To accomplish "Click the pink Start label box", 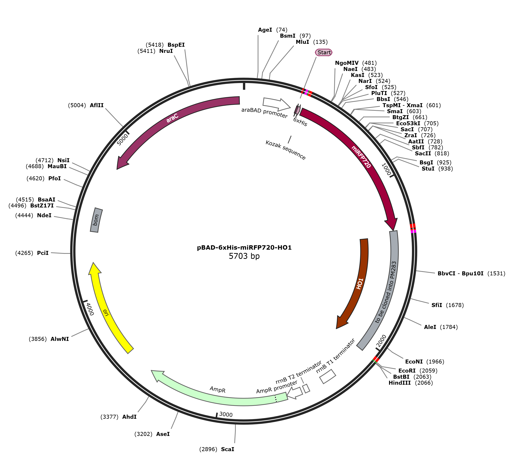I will coord(323,52).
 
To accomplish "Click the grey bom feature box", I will coord(96,220).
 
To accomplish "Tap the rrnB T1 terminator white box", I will coord(327,377).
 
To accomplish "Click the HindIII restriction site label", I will coord(399,383).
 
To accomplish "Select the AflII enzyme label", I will coord(97,105).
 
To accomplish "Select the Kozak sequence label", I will coord(285,150).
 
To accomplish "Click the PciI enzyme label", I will coord(43,253).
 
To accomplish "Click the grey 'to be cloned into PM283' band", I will coord(387,291).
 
